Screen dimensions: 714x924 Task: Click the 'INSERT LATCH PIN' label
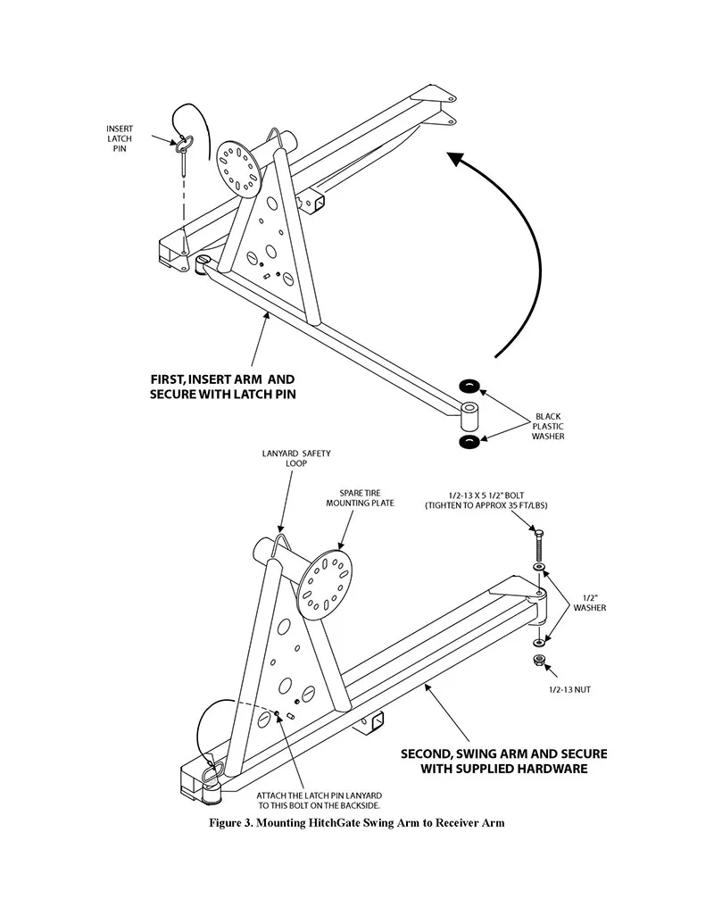pyautogui.click(x=120, y=138)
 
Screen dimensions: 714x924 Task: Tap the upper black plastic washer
pyautogui.click(x=469, y=387)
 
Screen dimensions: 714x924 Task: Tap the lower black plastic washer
pyautogui.click(x=469, y=442)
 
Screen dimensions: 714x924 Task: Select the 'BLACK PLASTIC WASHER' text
pyautogui.click(x=548, y=426)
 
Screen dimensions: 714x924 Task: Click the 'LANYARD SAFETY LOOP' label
pyautogui.click(x=296, y=459)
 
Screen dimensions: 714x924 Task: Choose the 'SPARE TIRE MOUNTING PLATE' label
pyautogui.click(x=360, y=498)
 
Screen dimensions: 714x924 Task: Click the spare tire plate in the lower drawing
pyautogui.click(x=323, y=582)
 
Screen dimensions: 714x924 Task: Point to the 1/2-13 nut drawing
pyautogui.click(x=538, y=660)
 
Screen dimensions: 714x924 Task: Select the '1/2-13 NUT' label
pyautogui.click(x=569, y=689)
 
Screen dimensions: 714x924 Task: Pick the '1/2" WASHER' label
pyautogui.click(x=590, y=603)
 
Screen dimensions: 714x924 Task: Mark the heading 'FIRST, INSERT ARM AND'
pyautogui.click(x=222, y=379)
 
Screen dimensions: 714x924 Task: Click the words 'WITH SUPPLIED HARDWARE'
pyautogui.click(x=503, y=769)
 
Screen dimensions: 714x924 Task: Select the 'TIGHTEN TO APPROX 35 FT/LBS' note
pyautogui.click(x=486, y=505)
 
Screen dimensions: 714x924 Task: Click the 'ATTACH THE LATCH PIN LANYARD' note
pyautogui.click(x=319, y=795)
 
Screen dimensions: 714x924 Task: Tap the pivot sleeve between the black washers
pyautogui.click(x=469, y=417)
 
